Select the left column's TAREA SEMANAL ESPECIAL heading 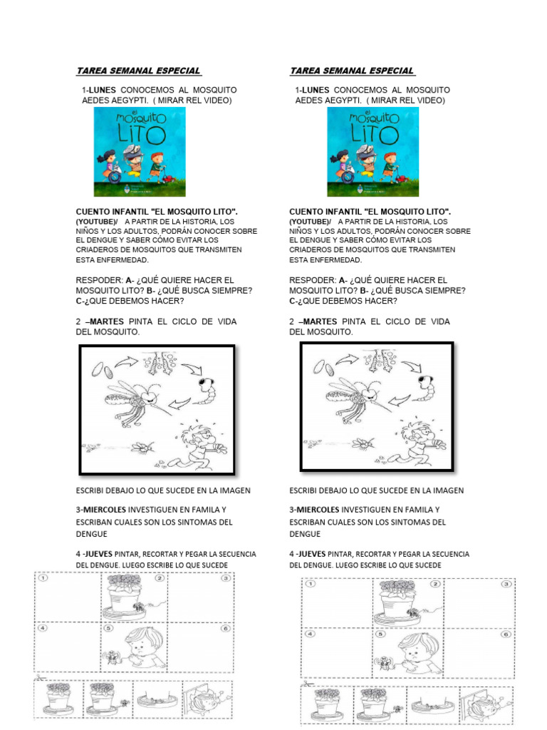138,71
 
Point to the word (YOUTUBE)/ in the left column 98,222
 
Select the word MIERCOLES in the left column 104,510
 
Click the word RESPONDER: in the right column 313,280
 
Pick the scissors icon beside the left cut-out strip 37,678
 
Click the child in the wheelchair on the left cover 111,166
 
